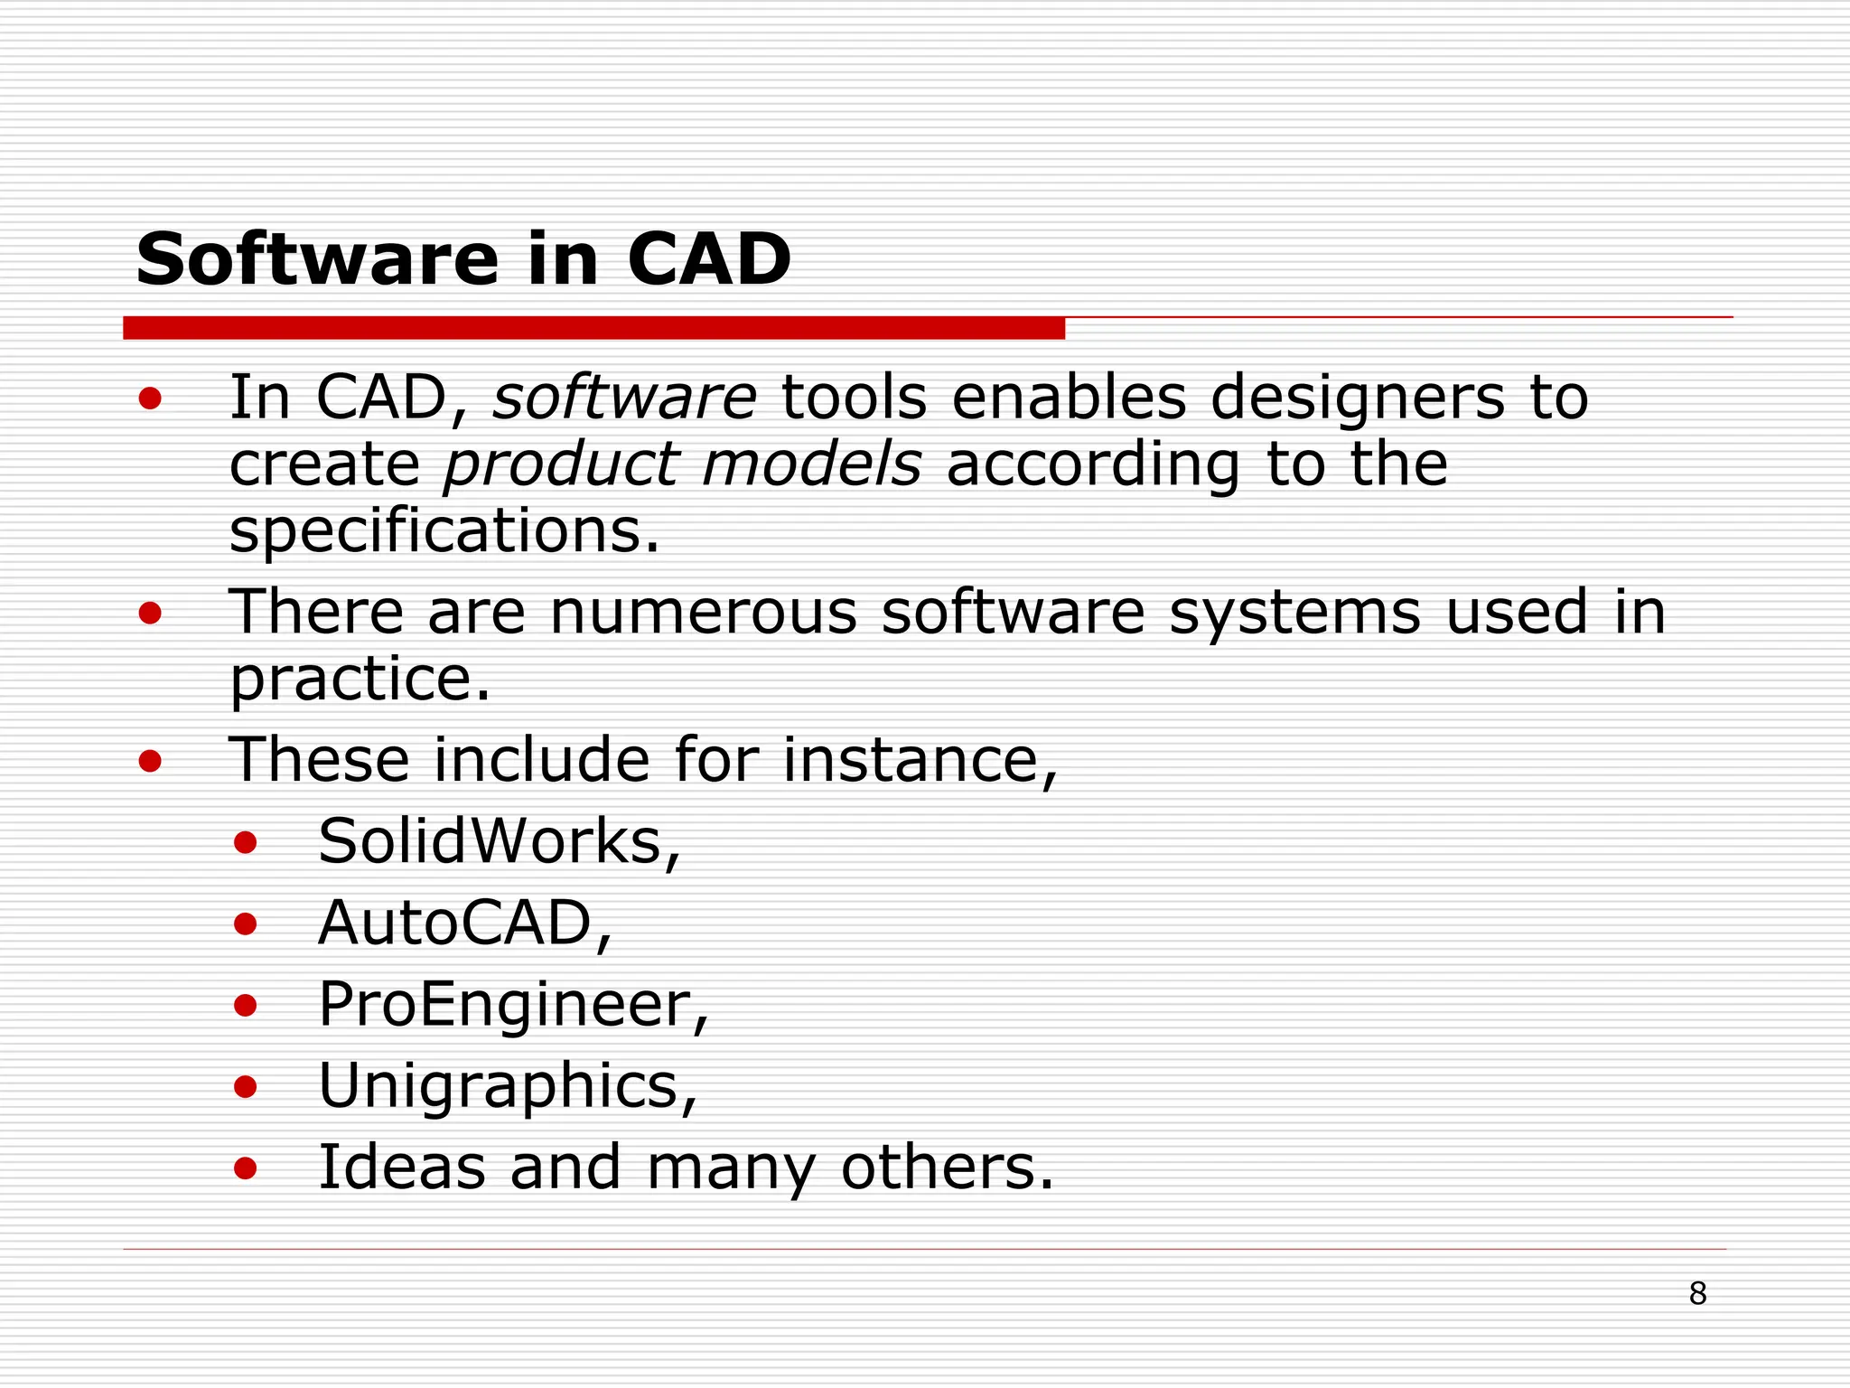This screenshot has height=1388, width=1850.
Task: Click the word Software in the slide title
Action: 317,260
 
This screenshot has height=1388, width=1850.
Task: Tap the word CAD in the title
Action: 708,260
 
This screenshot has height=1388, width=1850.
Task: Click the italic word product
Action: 561,464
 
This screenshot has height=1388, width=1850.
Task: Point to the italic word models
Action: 811,464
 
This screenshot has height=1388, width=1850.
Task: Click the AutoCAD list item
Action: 456,924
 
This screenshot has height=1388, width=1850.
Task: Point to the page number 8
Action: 1697,1294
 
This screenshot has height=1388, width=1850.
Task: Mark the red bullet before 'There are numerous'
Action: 150,614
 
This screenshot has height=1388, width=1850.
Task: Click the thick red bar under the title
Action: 593,328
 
